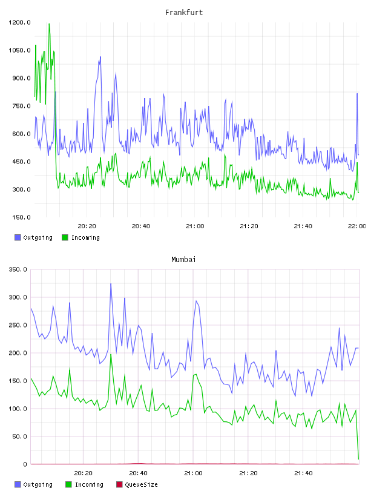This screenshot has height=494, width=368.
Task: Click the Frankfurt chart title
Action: [184, 13]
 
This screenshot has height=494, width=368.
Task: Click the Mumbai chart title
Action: [183, 260]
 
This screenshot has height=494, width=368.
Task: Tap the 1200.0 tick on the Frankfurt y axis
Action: [19, 22]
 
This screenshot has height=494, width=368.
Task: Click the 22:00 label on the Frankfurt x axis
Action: [356, 226]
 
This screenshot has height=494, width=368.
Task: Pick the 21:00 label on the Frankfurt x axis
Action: [195, 226]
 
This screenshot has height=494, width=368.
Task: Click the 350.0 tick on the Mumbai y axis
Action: [18, 269]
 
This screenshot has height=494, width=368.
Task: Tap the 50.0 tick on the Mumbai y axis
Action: [19, 436]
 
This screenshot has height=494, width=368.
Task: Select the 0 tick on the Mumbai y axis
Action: [25, 464]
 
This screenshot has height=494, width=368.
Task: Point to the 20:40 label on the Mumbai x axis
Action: [138, 473]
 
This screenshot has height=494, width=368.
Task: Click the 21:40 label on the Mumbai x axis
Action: [303, 473]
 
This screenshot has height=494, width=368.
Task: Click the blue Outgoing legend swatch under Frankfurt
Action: [18, 237]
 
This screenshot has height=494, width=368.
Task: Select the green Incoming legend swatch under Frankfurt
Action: [65, 237]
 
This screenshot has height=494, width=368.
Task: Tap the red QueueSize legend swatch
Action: [119, 484]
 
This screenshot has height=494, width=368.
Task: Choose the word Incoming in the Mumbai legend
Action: [89, 484]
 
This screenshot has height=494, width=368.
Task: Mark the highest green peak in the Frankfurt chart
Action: [49, 24]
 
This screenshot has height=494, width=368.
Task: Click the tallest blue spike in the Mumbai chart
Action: [111, 284]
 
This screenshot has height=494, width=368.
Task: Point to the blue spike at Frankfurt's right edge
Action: [357, 94]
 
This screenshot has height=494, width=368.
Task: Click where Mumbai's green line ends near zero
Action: [358, 459]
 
